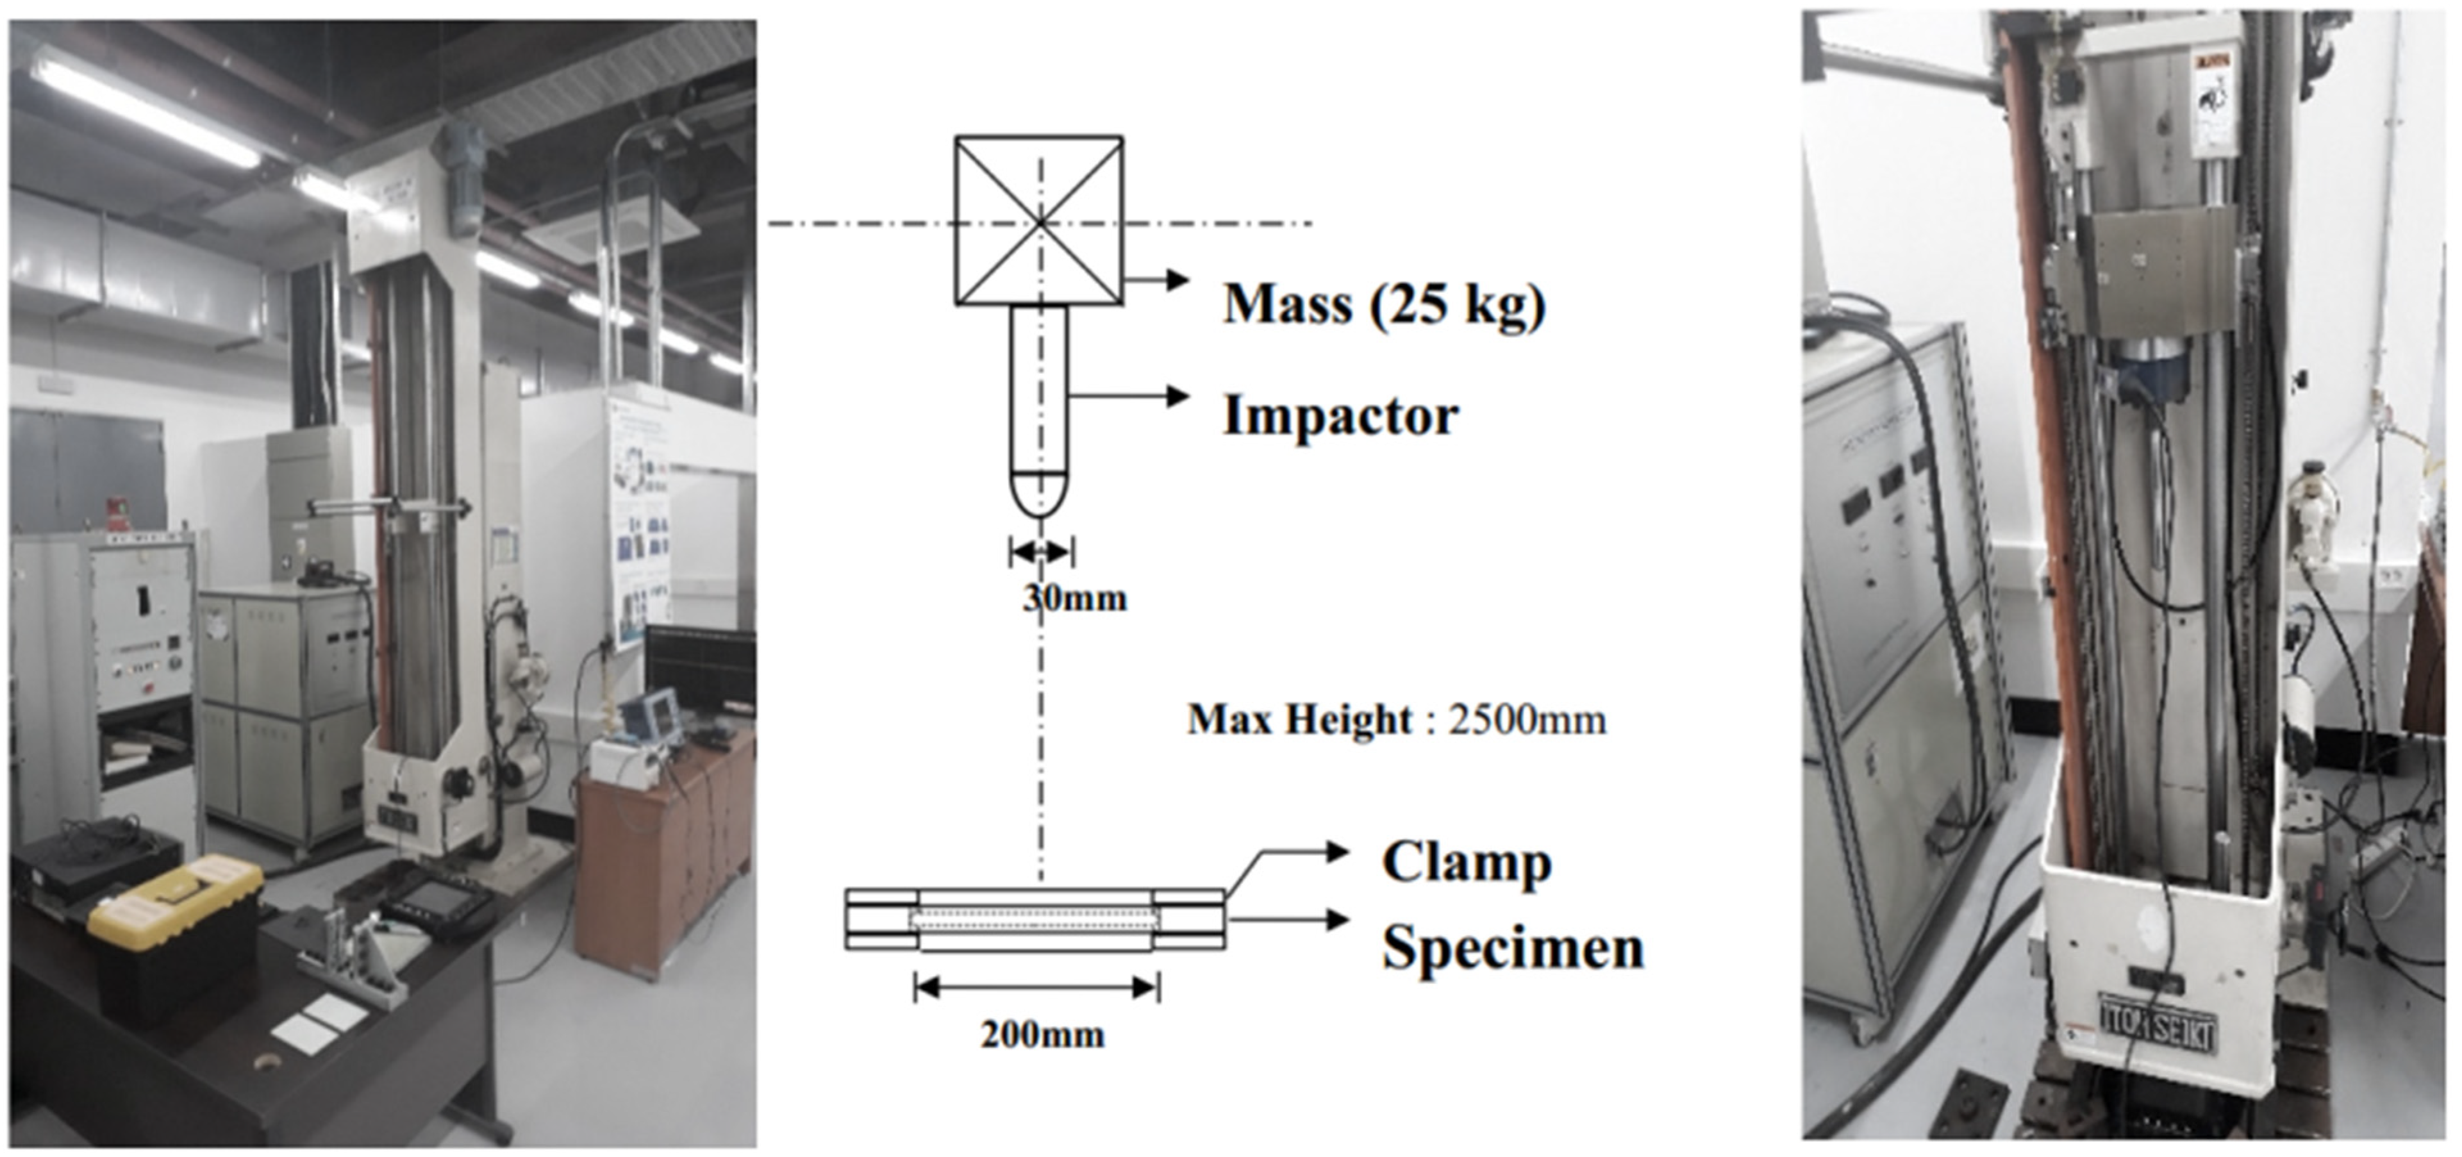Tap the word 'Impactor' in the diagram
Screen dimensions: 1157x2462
1341,415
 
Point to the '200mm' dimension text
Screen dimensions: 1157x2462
1042,1035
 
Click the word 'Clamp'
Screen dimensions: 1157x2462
1466,863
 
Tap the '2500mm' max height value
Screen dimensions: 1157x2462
1527,719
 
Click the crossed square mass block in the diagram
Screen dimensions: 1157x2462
1039,221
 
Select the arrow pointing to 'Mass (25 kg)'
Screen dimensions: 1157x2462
1156,280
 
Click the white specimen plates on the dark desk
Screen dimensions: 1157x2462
320,1021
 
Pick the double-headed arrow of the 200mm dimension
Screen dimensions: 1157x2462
1037,988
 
